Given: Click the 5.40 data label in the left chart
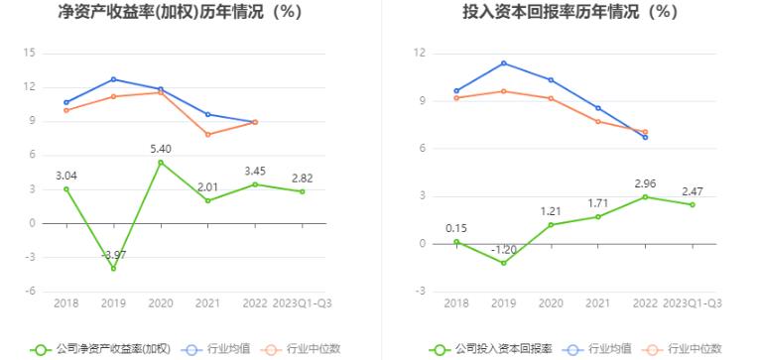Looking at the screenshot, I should click(x=161, y=149).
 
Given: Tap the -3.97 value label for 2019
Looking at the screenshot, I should click(x=113, y=256).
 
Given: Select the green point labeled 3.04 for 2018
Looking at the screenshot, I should click(x=66, y=188).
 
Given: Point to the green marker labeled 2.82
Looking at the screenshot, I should click(x=303, y=191).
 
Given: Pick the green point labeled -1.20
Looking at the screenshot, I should click(x=504, y=263).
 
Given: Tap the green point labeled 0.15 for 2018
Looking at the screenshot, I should click(x=456, y=242).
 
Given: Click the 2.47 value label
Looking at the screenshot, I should click(x=693, y=191).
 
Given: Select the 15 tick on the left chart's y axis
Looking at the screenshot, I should click(x=30, y=53).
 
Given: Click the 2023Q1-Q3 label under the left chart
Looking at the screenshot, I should click(x=303, y=302).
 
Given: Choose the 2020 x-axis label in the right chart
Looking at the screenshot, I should click(x=551, y=302).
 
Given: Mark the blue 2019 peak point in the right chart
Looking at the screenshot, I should click(x=504, y=63).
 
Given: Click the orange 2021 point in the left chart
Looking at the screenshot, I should click(x=208, y=134).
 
